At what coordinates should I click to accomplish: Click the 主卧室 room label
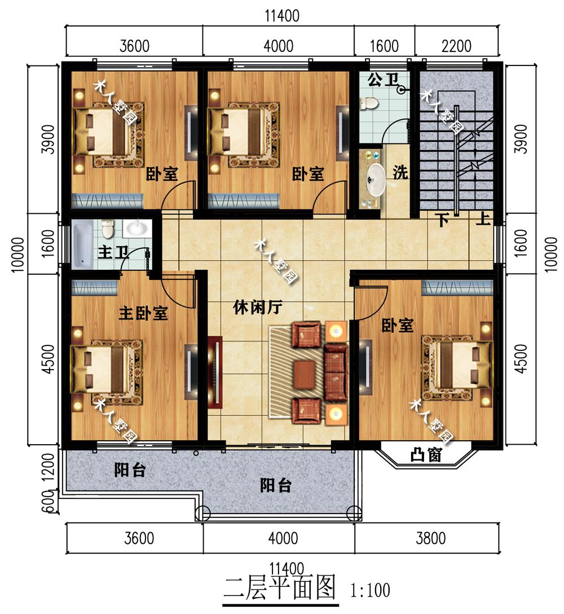tap(143, 314)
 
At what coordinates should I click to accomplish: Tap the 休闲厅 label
tap(258, 308)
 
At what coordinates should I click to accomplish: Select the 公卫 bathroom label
tap(383, 80)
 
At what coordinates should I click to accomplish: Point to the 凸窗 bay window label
tap(426, 455)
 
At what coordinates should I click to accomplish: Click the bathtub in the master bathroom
tap(82, 244)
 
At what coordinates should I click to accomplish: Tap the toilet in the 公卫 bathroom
tap(368, 104)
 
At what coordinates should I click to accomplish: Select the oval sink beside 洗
tap(376, 180)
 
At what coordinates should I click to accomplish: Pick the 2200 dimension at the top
tap(456, 46)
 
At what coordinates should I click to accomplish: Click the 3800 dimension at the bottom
tap(430, 538)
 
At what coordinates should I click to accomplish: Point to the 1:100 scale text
tap(370, 590)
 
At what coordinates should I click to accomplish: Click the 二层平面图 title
tap(280, 588)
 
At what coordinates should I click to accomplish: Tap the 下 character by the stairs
tap(443, 220)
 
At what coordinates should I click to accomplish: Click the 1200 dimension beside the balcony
tap(48, 468)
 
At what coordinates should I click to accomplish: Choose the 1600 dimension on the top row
tap(384, 46)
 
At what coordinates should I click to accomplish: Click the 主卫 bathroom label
tap(113, 252)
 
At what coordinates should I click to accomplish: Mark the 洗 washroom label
tap(400, 173)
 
